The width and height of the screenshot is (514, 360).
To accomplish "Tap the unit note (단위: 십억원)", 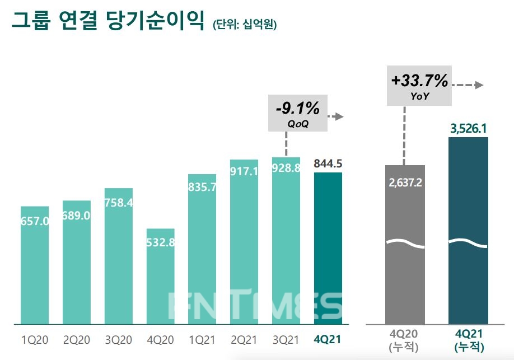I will [x=245, y=25].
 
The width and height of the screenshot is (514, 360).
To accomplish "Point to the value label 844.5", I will [x=328, y=163].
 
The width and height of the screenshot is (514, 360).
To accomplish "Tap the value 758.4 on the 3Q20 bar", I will [x=119, y=203].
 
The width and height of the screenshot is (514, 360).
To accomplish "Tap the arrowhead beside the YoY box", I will [x=479, y=85].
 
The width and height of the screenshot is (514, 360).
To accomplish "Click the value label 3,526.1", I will [x=468, y=129].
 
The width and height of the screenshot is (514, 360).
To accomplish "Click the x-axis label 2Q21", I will [x=244, y=340].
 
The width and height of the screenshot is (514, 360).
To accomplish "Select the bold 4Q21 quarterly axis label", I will [x=328, y=340].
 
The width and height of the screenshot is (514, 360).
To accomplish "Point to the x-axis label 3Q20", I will [x=119, y=340].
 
